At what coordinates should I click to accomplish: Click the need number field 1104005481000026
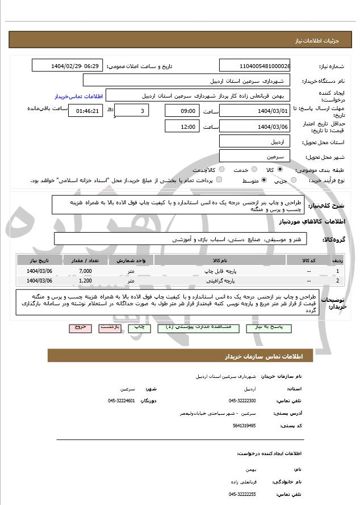click(x=254, y=66)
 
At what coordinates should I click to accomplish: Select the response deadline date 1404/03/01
click(x=254, y=111)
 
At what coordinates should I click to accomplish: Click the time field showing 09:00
click(x=182, y=111)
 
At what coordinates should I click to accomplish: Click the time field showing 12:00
click(x=182, y=127)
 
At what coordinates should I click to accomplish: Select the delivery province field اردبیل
click(x=254, y=141)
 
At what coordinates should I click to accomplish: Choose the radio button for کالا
click(x=280, y=169)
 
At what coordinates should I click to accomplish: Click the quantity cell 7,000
click(x=85, y=271)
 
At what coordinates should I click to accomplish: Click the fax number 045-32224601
click(x=122, y=401)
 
